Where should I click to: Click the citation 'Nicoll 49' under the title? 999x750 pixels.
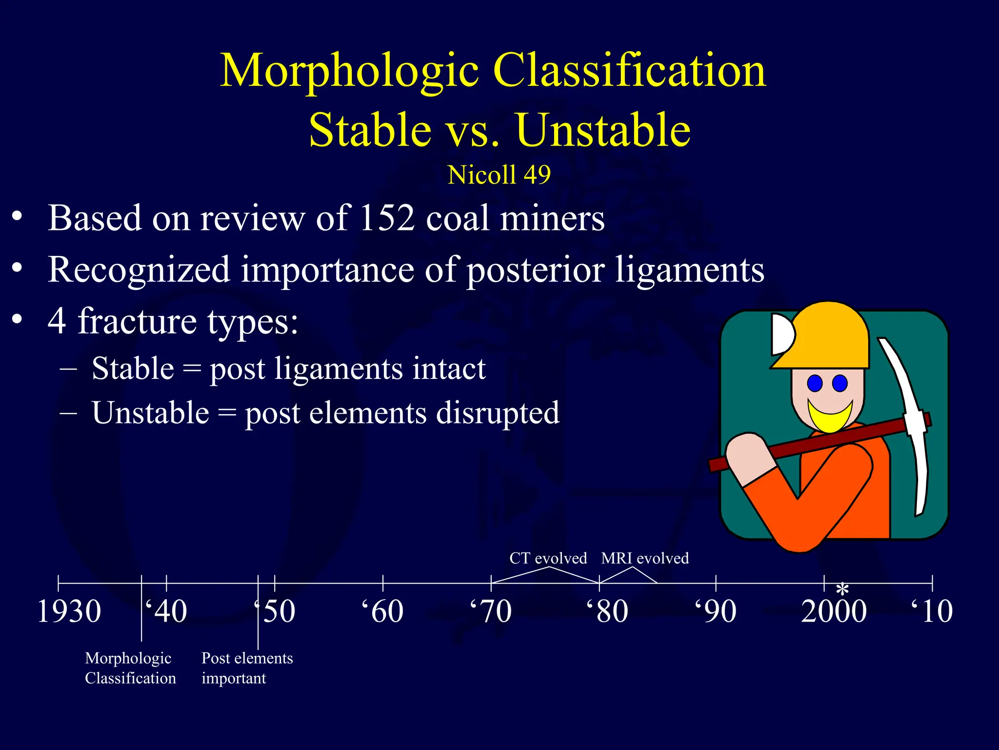[x=499, y=175]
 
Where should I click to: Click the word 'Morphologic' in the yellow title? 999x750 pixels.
[x=349, y=71]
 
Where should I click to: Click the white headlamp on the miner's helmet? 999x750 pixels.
[x=781, y=334]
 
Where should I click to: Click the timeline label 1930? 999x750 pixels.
[x=69, y=611]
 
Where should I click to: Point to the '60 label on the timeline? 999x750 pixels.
[x=383, y=611]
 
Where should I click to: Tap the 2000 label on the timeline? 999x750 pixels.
[x=834, y=611]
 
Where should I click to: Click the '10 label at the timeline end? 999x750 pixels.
[x=932, y=611]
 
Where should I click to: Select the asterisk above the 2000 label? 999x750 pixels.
[x=842, y=590]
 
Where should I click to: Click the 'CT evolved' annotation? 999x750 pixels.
[x=548, y=558]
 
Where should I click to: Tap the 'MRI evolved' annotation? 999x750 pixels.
[x=645, y=558]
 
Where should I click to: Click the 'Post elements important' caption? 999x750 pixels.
[x=247, y=668]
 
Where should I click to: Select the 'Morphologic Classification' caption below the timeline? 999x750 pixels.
[x=130, y=668]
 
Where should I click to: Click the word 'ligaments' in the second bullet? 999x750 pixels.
[x=689, y=270]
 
